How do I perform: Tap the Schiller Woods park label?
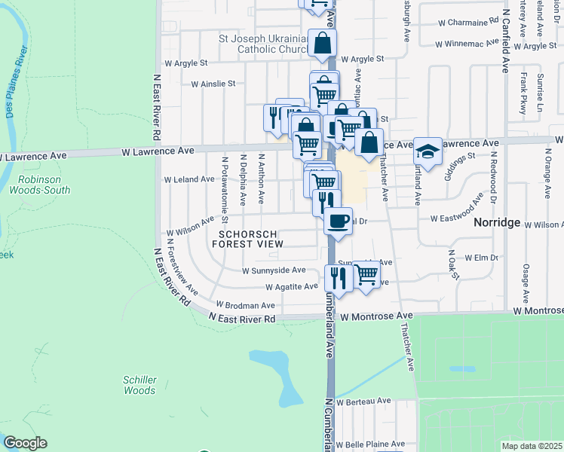pos(139,385)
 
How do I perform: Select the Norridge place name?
pos(498,223)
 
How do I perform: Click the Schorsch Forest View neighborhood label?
pos(251,239)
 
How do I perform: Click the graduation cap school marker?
pos(427,153)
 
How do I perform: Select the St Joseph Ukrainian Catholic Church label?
pos(261,44)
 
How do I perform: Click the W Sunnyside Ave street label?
pos(274,270)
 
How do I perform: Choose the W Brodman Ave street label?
pos(246,305)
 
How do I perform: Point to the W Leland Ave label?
pos(189,179)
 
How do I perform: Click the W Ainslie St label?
pos(213,84)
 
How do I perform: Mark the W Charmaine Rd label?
pos(473,22)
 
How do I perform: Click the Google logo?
pos(25,443)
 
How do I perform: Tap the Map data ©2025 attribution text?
pos(531,445)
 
